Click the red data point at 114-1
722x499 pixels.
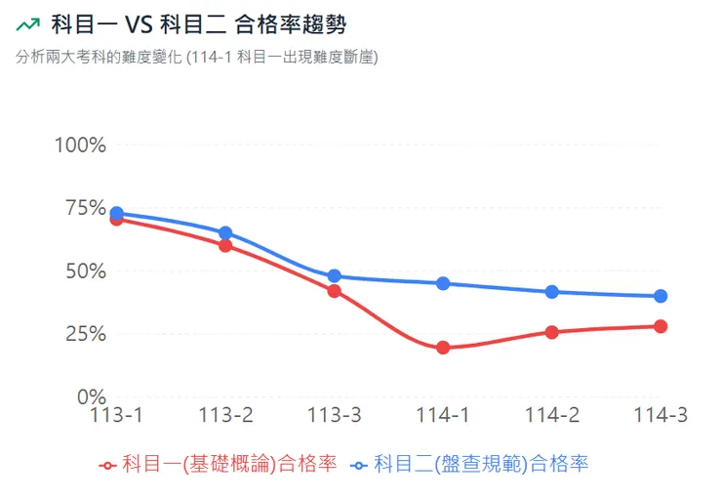pos(443,348)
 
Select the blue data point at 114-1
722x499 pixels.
pos(443,283)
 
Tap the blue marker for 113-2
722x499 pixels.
pos(225,232)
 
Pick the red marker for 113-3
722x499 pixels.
pos(334,291)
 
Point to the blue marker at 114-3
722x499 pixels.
pos(661,296)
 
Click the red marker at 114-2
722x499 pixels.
pos(552,332)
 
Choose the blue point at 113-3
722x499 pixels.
pos(334,276)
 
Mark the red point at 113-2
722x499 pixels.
pos(225,246)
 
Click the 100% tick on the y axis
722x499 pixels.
pos(80,146)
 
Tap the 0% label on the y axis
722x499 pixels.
pos(91,397)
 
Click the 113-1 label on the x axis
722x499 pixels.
pos(116,416)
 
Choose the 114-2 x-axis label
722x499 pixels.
pos(552,416)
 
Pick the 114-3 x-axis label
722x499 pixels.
pos(661,416)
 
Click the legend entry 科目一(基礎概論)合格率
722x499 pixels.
pos(219,464)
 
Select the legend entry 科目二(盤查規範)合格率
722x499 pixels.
pos(470,464)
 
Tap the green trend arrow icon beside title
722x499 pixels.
pos(28,22)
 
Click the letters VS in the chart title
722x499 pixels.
pos(137,22)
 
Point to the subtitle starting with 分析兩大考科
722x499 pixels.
pos(195,57)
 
